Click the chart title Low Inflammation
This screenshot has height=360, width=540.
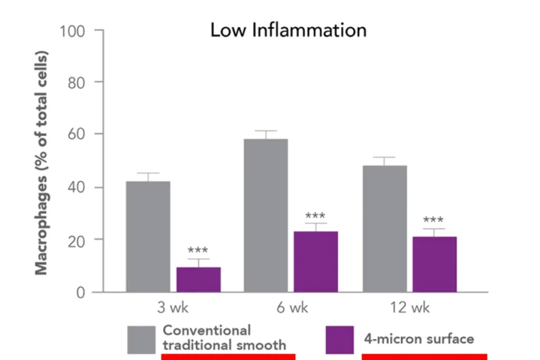tap(288, 30)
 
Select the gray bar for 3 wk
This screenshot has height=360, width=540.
tap(148, 236)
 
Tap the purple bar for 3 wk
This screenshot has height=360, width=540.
tap(198, 280)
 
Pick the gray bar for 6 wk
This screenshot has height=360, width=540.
tap(266, 215)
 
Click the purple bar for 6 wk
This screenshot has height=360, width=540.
tap(316, 262)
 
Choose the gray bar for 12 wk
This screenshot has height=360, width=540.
tap(385, 229)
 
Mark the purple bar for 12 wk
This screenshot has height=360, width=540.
tap(435, 265)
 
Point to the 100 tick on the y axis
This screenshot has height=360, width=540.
tap(72, 31)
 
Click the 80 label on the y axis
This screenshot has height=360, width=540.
tap(76, 83)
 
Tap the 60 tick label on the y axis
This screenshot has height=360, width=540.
tap(76, 134)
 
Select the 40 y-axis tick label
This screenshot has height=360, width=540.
tap(76, 187)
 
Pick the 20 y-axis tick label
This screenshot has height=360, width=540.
tap(76, 242)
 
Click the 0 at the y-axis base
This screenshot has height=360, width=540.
tap(80, 292)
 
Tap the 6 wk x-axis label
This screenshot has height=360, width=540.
tap(292, 307)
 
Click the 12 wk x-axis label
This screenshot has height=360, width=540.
tap(410, 307)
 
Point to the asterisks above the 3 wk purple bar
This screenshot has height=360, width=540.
tap(198, 250)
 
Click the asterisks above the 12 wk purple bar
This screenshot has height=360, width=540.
tap(433, 220)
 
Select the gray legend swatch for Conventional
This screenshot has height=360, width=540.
tap(141, 340)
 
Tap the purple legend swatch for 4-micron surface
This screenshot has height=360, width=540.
tap(340, 340)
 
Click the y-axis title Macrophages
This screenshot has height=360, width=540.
tap(41, 226)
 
